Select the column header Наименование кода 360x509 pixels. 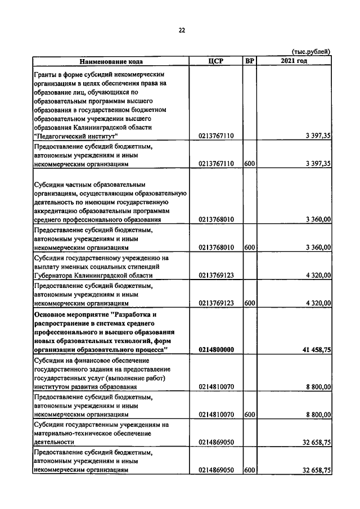tap(111, 61)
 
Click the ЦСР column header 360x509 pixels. tap(216, 61)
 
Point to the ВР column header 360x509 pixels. tap(250, 61)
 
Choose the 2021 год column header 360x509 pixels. tap(294, 61)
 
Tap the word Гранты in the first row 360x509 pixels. tap(46, 74)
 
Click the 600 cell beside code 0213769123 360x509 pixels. tap(250, 303)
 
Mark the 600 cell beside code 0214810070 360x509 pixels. tap(250, 415)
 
